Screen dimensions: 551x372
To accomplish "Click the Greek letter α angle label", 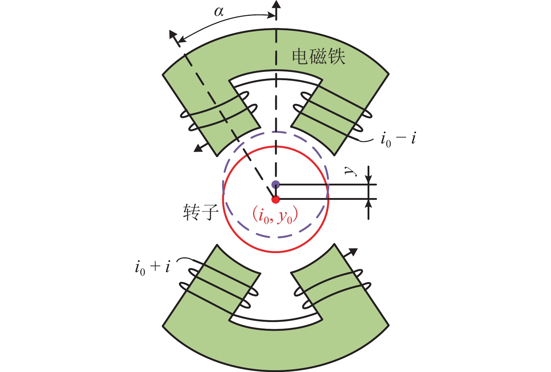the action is (219, 12).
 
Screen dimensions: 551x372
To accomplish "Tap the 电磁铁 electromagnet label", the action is (318, 57).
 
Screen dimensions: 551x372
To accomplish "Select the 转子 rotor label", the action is (201, 212).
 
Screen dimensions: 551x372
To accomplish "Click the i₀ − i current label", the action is (398, 139).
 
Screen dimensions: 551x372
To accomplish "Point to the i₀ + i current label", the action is (153, 267).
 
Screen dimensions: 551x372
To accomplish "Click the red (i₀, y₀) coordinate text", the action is (275, 216).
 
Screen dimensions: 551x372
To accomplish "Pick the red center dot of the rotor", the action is (276, 199).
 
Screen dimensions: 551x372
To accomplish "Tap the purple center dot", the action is (276, 184).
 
